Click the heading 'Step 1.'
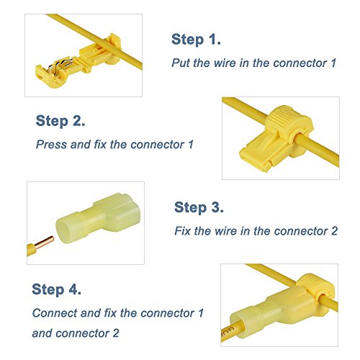(196, 40)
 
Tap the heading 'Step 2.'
(60, 121)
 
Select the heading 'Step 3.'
(199, 207)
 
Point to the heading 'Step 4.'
(56, 289)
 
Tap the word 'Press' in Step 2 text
(51, 145)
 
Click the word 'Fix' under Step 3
(182, 231)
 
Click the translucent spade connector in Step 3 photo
(98, 219)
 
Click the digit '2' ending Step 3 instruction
(334, 231)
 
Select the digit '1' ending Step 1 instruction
(333, 63)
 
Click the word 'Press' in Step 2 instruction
(51, 145)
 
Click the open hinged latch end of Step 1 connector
(49, 76)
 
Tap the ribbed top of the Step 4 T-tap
(312, 282)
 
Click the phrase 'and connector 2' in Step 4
(76, 333)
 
